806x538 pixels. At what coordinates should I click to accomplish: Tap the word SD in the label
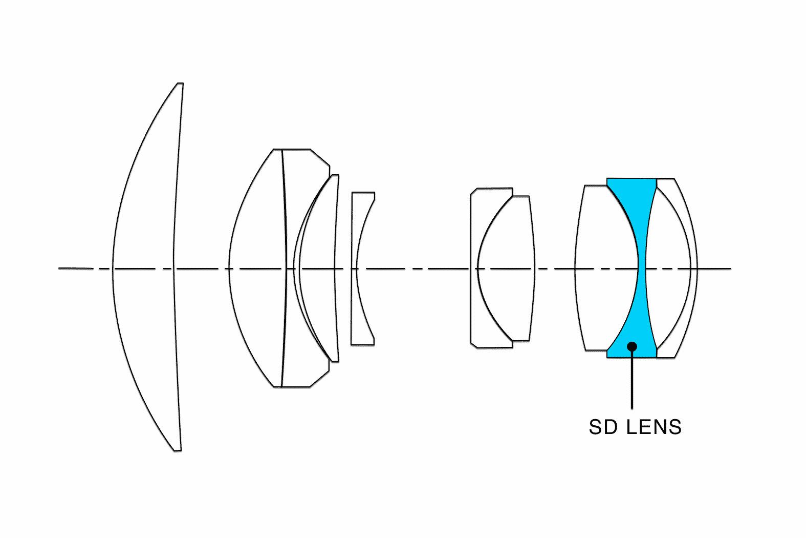pyautogui.click(x=603, y=427)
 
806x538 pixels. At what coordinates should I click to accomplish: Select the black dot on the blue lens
pyautogui.click(x=632, y=346)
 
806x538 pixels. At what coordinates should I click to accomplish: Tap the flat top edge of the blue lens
pyautogui.click(x=631, y=179)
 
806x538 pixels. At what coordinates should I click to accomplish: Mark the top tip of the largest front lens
pyautogui.click(x=180, y=83)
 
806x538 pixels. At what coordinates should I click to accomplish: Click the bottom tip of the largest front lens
pyautogui.click(x=178, y=450)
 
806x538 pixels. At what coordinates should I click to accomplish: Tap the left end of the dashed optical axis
pyautogui.click(x=59, y=268)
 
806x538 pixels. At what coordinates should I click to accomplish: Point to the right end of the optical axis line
pyautogui.click(x=731, y=268)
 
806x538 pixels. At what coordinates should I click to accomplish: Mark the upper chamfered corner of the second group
pyautogui.click(x=320, y=157)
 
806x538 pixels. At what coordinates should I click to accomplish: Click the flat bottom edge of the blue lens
pyautogui.click(x=631, y=357)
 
